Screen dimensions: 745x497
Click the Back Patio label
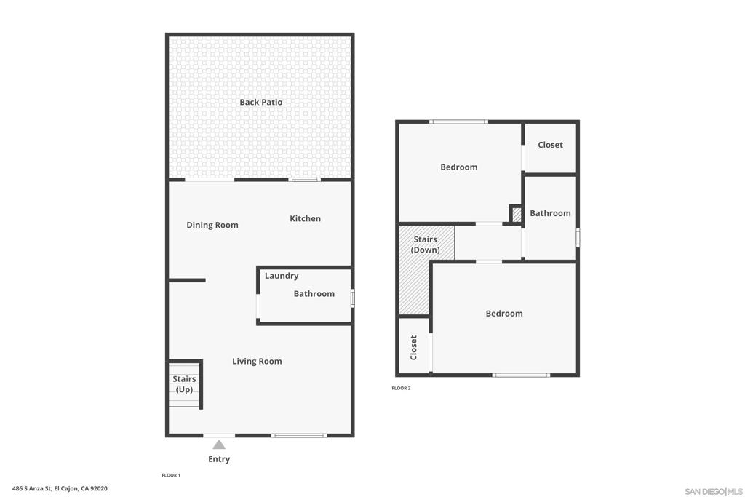coord(261,102)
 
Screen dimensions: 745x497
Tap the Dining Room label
coord(212,226)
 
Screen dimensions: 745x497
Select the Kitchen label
coord(305,218)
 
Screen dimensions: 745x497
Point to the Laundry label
coord(282,276)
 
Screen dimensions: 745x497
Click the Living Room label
coord(257,362)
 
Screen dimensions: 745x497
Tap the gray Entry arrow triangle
coord(219,445)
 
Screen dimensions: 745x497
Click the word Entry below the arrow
coord(219,459)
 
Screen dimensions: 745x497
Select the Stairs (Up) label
coord(184,384)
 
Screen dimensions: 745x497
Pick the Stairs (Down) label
coord(425,244)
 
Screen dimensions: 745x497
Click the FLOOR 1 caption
coord(171,475)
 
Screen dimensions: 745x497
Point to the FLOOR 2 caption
coord(401,388)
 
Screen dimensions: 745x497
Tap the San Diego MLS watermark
coord(714,491)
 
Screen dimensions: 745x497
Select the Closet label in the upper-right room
coord(550,145)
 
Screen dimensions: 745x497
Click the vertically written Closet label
coord(413,348)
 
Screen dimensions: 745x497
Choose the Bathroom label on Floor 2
coord(550,213)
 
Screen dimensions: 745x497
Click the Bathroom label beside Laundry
coord(314,294)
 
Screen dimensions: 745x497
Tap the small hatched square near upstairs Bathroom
coord(517,214)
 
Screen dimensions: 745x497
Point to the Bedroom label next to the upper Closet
coord(459,167)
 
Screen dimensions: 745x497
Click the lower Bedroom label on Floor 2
coord(504,314)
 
